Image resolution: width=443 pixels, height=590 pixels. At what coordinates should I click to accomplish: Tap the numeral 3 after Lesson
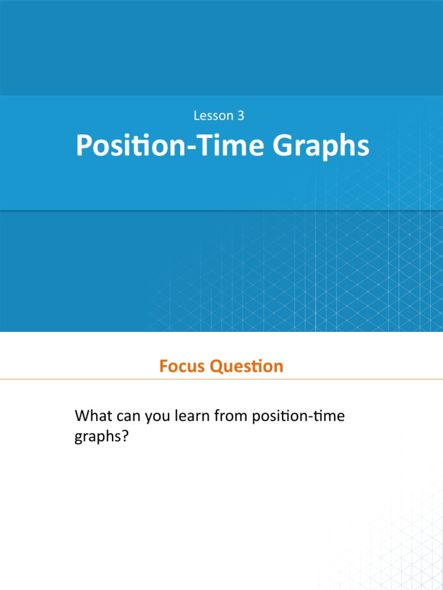pos(241,116)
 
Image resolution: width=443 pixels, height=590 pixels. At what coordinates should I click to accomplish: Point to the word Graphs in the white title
pos(321,147)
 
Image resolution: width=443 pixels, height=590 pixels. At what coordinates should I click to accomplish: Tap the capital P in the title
pos(84,146)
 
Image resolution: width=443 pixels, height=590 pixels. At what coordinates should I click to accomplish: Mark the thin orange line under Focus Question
pos(221,379)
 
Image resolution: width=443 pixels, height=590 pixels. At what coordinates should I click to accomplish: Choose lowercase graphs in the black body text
pos(97,438)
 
